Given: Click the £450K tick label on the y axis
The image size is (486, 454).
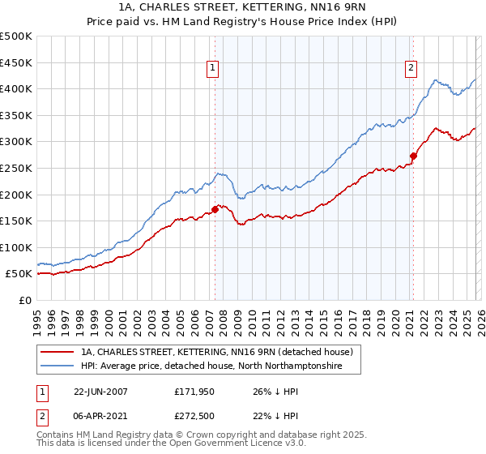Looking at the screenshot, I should pos(16,62).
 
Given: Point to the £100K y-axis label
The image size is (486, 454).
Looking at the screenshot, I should pos(16,247).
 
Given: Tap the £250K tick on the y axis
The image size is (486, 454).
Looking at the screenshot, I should pos(16,168).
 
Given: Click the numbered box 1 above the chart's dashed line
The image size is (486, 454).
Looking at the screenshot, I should pos(212,69).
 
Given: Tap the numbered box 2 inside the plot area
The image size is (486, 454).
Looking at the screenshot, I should pos(411,69).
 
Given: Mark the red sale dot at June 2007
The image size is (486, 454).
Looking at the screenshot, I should pos(215,209).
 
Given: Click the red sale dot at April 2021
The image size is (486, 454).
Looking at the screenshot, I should pos(413,156).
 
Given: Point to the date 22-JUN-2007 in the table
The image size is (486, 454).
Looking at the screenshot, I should pos(100,391).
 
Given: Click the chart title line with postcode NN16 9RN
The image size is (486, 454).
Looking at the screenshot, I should pos(243,7).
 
